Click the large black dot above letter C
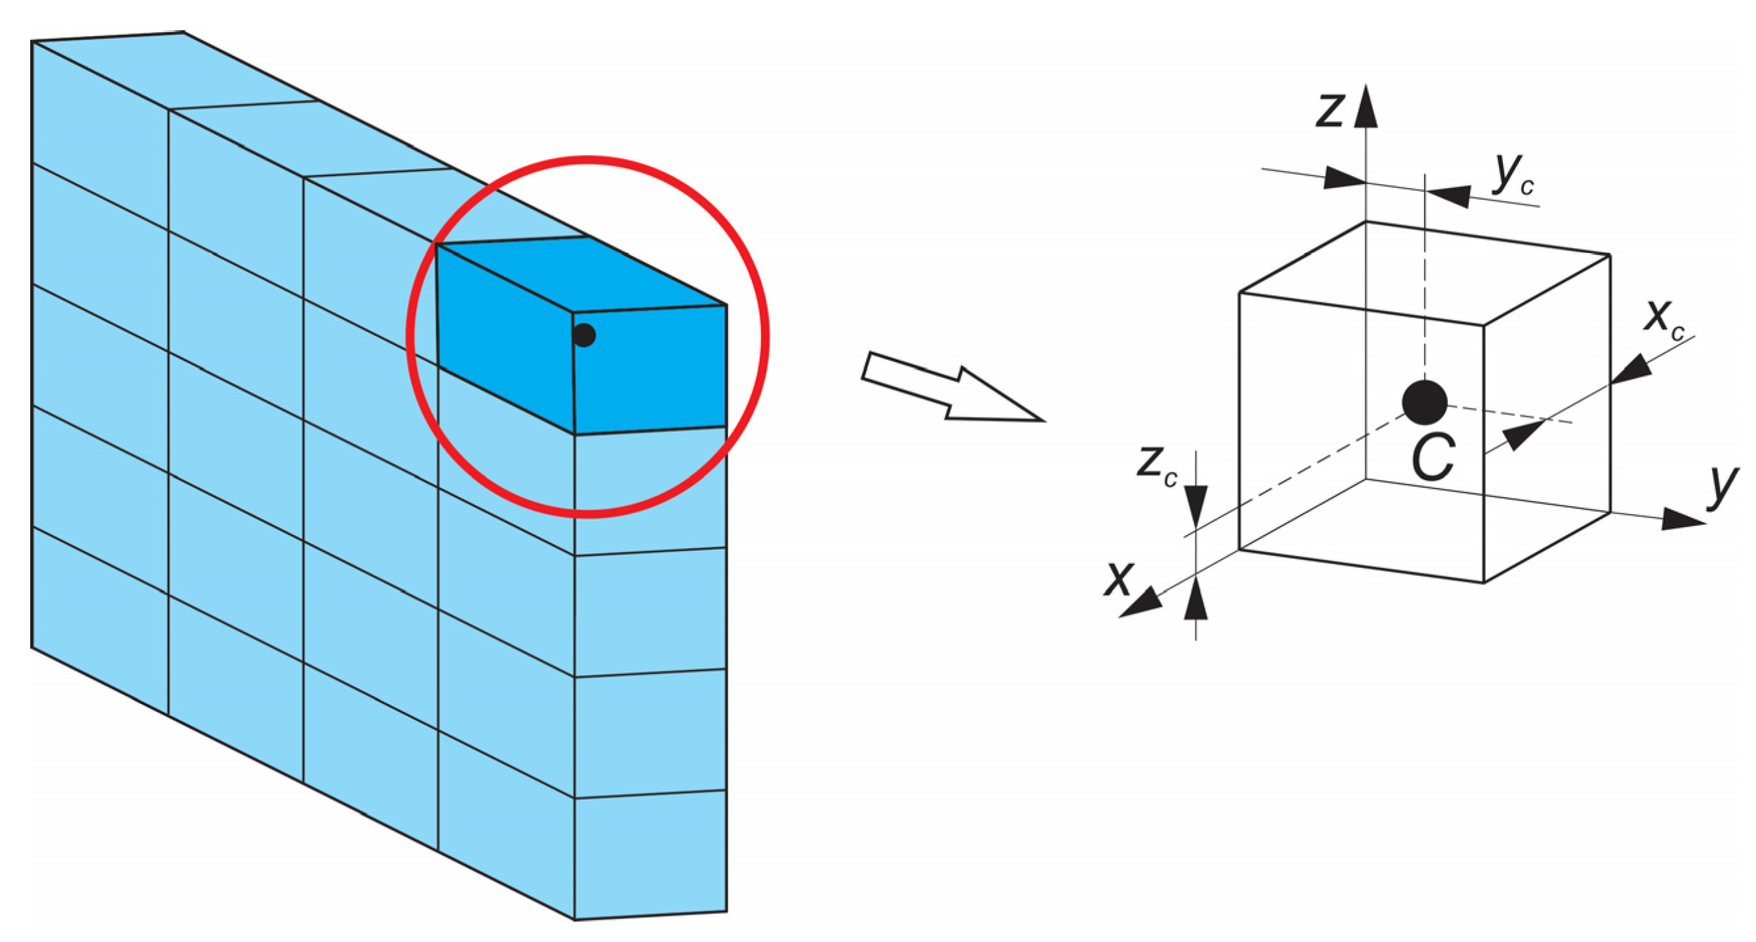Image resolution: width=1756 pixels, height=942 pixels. click(1424, 402)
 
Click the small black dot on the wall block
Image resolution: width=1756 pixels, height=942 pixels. click(584, 335)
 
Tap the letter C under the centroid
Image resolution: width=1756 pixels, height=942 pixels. click(1433, 458)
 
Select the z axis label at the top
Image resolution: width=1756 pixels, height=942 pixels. click(1330, 110)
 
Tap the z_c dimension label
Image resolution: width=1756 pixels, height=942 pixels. click(1157, 467)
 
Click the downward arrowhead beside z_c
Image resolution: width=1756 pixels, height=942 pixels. click(1195, 506)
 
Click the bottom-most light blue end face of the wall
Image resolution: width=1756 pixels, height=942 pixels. click(651, 855)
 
